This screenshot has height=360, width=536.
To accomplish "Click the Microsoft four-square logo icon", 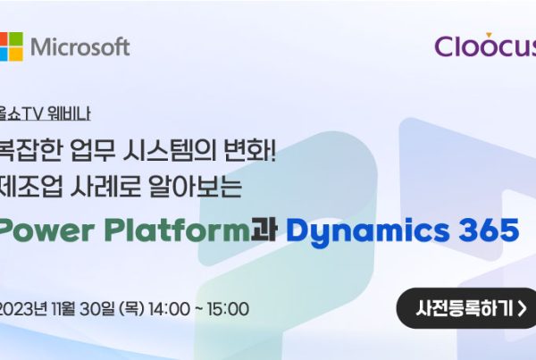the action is click(x=12, y=46).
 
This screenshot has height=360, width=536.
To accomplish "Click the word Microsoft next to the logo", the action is click(x=80, y=46).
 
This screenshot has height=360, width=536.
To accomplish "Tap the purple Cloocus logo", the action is click(x=485, y=46).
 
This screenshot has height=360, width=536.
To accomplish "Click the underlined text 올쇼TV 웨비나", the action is click(x=45, y=113).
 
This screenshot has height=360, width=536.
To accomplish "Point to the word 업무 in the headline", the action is click(x=93, y=150).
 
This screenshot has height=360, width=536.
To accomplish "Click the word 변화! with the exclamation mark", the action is click(x=249, y=150).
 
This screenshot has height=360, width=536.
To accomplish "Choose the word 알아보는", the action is click(x=195, y=187).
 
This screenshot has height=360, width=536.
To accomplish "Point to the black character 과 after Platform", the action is click(x=264, y=230).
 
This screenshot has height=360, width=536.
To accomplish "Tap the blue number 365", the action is click(x=490, y=230).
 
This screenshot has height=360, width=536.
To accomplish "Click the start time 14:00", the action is click(x=169, y=309).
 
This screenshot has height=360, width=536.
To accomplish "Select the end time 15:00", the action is click(x=228, y=309).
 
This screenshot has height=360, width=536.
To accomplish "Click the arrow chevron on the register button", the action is click(x=522, y=308).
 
